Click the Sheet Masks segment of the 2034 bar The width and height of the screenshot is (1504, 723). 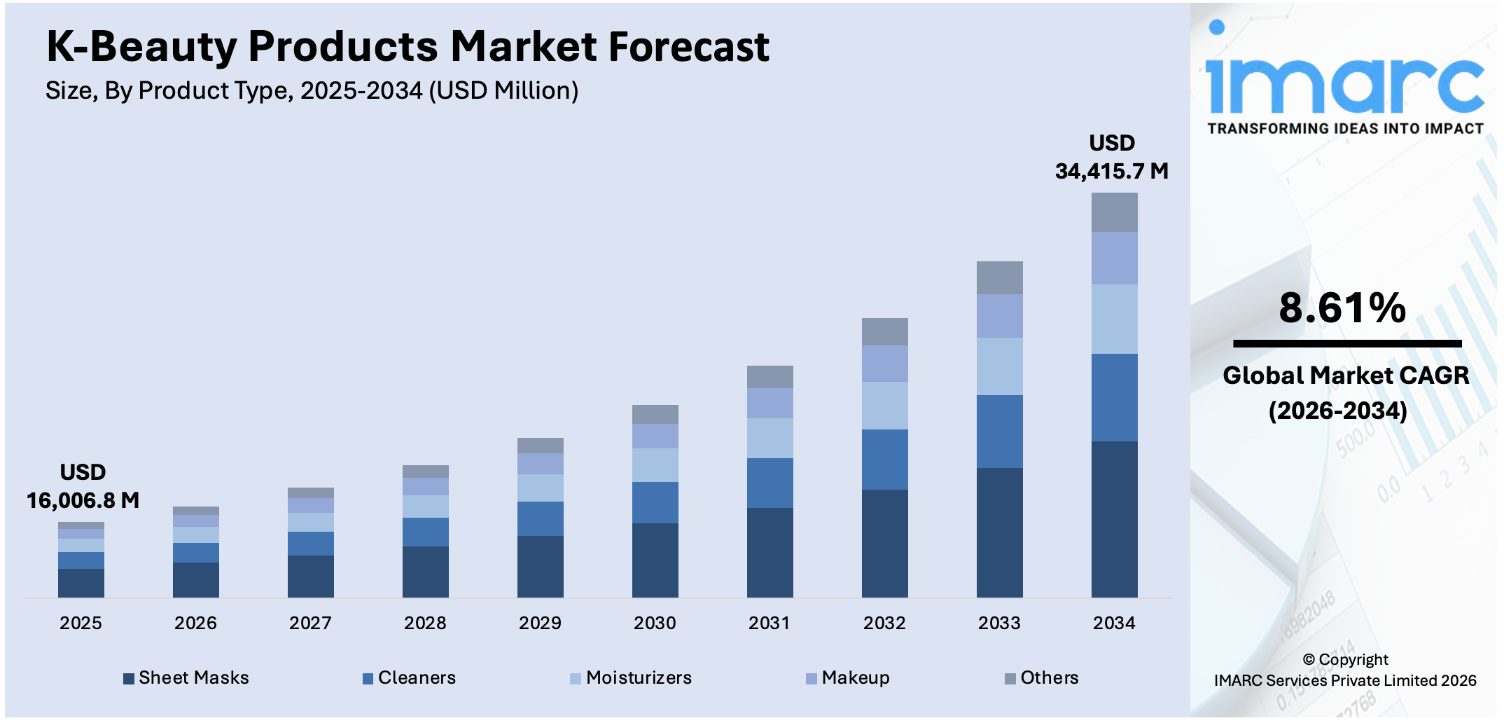(x=1114, y=518)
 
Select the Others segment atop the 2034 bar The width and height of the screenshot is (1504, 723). (x=1114, y=212)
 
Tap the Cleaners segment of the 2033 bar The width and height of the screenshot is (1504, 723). (x=999, y=431)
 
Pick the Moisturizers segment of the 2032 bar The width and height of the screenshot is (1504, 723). (x=884, y=405)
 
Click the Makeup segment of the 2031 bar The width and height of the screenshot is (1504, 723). (x=770, y=403)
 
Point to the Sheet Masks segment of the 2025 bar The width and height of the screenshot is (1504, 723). (x=81, y=582)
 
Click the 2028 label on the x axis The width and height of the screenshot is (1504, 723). (x=425, y=623)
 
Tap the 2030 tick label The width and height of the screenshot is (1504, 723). (x=655, y=623)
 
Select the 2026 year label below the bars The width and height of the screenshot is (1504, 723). (x=195, y=623)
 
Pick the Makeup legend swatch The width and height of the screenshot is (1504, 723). (x=812, y=678)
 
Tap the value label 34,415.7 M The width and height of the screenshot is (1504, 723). (x=1111, y=171)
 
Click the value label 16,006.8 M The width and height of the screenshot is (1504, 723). (x=83, y=500)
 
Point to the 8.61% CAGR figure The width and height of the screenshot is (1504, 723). (x=1342, y=308)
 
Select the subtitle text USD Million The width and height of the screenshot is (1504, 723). (x=503, y=90)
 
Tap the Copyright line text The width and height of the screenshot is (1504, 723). (x=1345, y=659)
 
